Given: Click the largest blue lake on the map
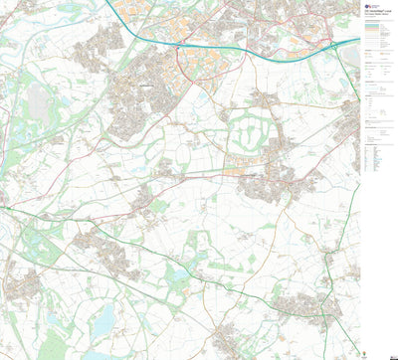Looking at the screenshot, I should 103,318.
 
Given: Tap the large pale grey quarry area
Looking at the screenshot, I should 40,99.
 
